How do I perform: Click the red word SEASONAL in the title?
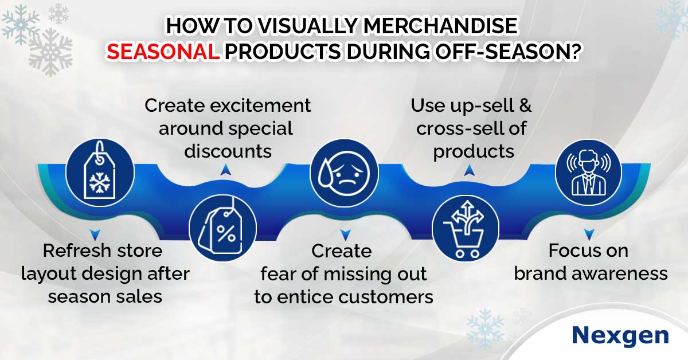pos(163,51)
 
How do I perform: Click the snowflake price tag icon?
pos(100,173)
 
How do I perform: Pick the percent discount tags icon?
pos(222,228)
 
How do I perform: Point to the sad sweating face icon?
pos(344,173)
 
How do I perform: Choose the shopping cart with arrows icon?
pos(466,228)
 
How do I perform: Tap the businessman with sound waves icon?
pos(588,172)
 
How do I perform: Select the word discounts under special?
pos(228,151)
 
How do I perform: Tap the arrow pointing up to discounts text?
pos(226,170)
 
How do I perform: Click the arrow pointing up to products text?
pos(469,170)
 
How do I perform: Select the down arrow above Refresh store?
pos(95,235)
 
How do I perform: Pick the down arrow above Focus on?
pos(589,234)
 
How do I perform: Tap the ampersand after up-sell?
pos(525,105)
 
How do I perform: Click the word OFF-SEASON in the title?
pos(501,51)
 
